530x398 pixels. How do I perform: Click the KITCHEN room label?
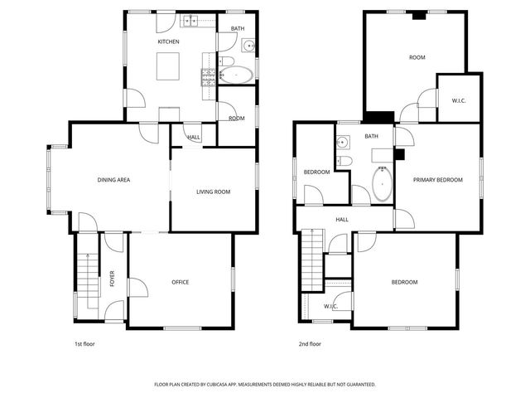[x=169, y=41]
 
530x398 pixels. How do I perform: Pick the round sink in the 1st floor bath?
[x=247, y=46]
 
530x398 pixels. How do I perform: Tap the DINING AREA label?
[x=113, y=180]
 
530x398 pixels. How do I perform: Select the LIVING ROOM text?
[x=213, y=192]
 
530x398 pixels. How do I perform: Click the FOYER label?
[x=113, y=279]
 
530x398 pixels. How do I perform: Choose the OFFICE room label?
[x=181, y=282]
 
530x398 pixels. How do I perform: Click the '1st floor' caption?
[x=84, y=343]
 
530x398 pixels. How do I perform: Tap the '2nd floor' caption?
[x=310, y=343]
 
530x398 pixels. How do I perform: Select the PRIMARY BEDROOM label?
[x=438, y=179]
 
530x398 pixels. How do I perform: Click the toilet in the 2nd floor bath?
[x=346, y=161]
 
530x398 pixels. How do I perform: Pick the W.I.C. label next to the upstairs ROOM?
[x=458, y=101]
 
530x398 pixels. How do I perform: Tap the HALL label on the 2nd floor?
[x=341, y=220]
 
